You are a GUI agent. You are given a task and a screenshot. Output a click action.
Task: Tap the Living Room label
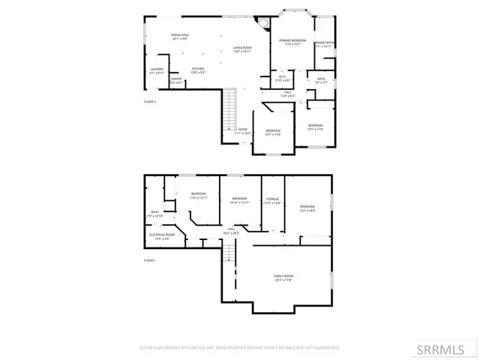pos(241,49)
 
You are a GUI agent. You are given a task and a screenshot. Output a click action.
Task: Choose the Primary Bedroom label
pos(292,42)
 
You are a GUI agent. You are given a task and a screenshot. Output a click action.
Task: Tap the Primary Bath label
pos(323,44)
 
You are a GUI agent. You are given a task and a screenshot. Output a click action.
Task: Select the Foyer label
pos(242,131)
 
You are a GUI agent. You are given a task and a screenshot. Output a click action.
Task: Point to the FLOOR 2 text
pos(150,101)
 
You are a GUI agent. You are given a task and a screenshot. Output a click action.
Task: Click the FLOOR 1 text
pos(150,260)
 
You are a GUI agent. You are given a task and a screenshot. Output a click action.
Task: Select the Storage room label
pos(271,201)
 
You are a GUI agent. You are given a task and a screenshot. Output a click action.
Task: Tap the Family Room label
pos(283,278)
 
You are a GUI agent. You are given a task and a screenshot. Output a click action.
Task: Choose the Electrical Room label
pos(161,237)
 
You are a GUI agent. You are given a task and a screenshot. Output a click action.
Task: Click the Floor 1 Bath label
pos(155,214)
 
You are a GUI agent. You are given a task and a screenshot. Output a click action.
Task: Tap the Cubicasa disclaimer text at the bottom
pos(240,348)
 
